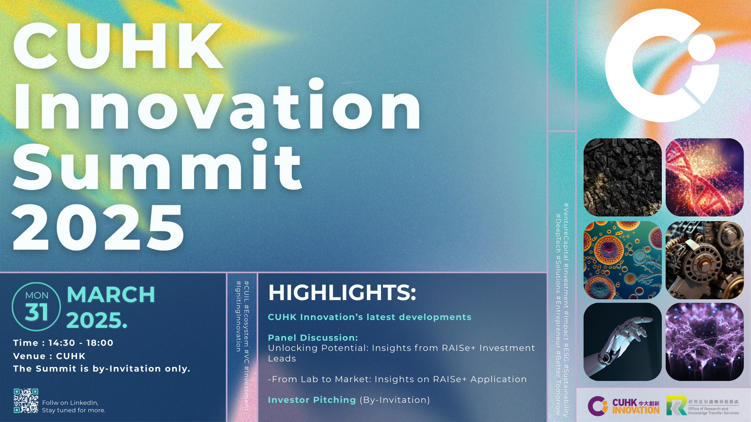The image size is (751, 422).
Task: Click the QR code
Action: [26, 401]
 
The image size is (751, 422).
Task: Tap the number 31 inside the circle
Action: [36, 312]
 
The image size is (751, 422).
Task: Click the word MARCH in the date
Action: [111, 295]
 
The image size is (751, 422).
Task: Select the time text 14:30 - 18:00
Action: [81, 343]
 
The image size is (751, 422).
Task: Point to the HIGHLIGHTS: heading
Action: [342, 293]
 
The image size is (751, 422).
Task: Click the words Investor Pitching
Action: [312, 400]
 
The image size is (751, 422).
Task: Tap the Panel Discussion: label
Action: [313, 338]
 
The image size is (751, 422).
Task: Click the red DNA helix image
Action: [704, 177]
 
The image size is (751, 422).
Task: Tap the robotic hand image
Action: [623, 342]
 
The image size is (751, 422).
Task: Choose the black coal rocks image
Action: [623, 177]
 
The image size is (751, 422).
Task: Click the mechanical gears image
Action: [704, 260]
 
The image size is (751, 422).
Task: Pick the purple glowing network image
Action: [704, 342]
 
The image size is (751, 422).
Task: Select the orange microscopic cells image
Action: [623, 260]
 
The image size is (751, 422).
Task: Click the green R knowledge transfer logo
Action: [676, 405]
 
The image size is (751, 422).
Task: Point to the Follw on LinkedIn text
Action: [70, 402]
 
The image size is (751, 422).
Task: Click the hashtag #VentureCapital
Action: [566, 232]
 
